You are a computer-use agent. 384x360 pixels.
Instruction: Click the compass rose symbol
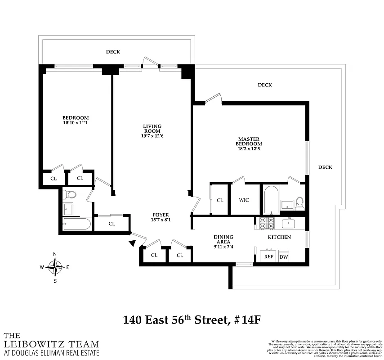55,267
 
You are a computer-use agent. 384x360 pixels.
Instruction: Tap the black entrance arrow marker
132,243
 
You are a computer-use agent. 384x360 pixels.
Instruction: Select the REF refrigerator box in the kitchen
268,256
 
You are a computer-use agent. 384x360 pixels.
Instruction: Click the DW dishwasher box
283,256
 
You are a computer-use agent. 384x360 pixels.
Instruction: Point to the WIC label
244,200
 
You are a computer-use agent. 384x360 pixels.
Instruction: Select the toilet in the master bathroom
299,204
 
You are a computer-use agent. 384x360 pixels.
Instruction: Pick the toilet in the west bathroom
70,195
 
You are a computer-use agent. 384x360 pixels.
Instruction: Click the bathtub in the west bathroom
77,224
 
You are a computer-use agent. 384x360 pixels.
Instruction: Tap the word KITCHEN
279,237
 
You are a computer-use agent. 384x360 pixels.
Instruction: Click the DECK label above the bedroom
113,52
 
